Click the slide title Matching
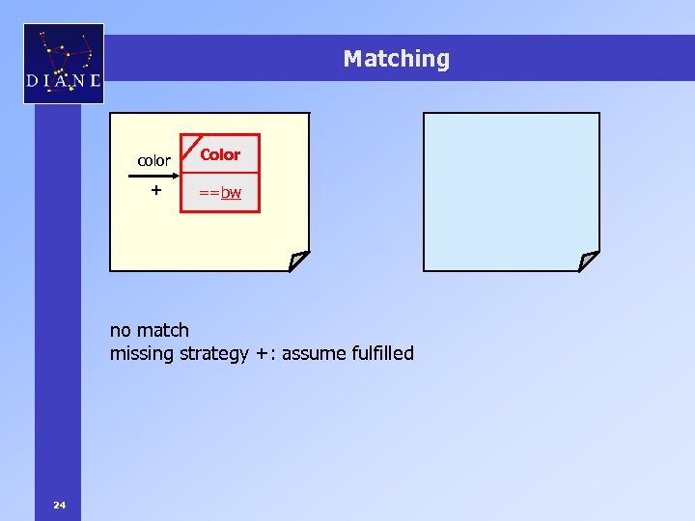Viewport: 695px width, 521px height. [396, 59]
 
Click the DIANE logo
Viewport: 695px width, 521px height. [63, 64]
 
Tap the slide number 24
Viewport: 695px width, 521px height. [60, 504]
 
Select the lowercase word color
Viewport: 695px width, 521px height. [154, 160]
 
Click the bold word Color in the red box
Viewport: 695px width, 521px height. [220, 154]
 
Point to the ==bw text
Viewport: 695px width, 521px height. [220, 193]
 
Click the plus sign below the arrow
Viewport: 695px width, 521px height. [154, 191]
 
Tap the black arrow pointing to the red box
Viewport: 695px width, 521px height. [154, 177]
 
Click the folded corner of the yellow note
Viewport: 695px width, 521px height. [298, 260]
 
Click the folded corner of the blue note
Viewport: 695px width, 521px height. [588, 260]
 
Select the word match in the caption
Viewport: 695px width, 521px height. [164, 330]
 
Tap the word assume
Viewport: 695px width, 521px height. [315, 353]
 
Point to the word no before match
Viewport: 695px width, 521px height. [122, 330]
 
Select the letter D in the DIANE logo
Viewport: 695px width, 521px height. [34, 81]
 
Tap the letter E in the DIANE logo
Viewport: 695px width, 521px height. [94, 81]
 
